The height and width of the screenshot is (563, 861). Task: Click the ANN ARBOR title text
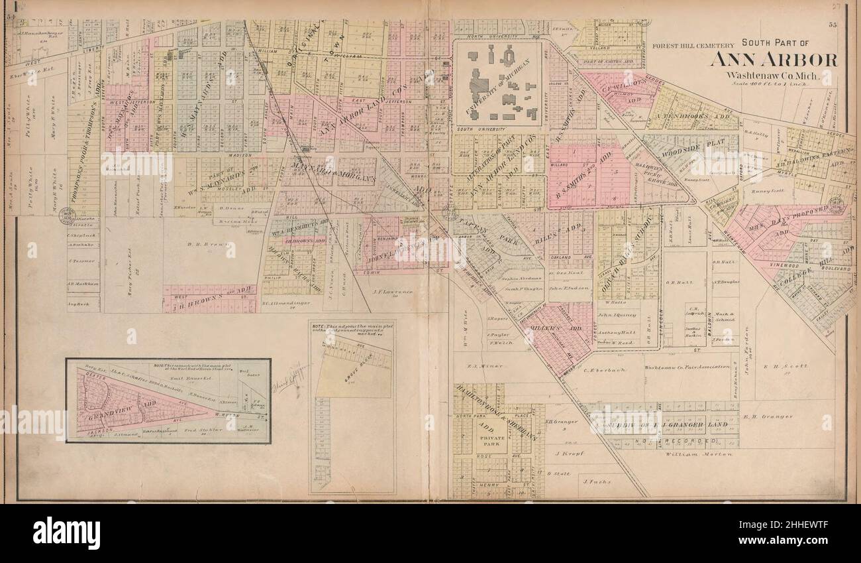[x=773, y=60]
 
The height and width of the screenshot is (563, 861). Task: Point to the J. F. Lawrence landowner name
[x=392, y=292]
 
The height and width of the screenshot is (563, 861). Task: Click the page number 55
[x=833, y=25]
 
